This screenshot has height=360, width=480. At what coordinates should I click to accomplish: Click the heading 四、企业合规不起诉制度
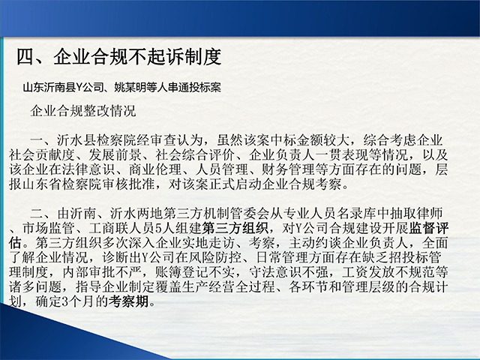pos(118,57)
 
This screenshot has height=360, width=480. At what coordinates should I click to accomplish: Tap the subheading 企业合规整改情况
pos(83,111)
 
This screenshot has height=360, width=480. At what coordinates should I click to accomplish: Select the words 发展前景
pos(115,155)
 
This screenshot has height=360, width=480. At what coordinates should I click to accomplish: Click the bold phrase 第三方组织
pos(235,228)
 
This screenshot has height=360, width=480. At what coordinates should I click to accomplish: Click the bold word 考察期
pos(128,301)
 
